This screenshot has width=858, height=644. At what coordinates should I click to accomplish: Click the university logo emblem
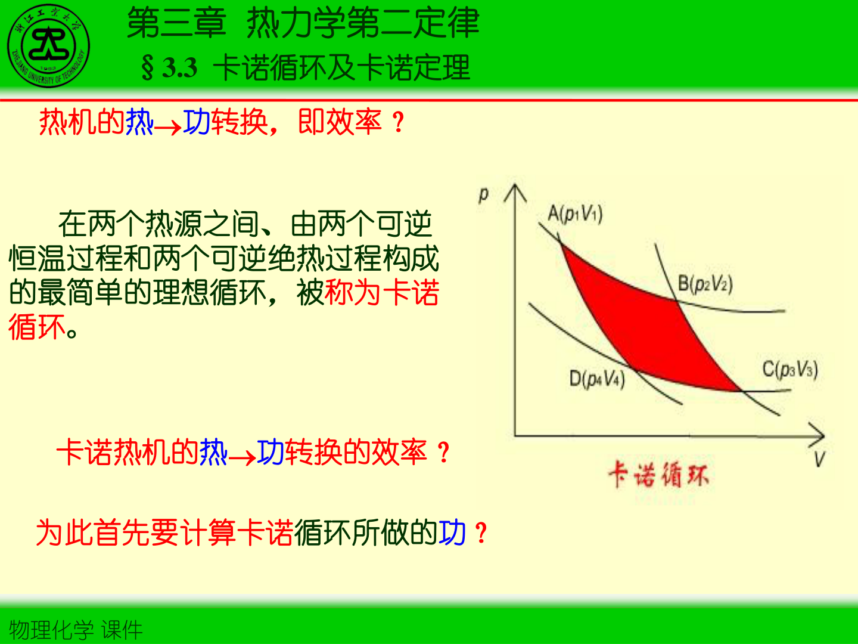coord(49,46)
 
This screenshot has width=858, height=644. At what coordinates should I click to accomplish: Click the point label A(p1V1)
coord(574,213)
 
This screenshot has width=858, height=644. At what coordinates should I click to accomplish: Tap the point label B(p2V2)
coord(705,283)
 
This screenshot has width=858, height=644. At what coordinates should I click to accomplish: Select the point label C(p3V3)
coord(790,369)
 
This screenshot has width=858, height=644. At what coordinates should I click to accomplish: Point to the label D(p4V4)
coord(596,379)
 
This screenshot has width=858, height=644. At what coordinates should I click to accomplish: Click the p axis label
coord(483,194)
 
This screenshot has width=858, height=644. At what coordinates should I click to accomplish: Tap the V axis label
coord(820,459)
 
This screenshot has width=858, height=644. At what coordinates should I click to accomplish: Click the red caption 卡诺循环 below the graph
coord(658,475)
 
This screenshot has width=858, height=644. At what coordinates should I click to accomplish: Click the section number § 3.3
coord(169,67)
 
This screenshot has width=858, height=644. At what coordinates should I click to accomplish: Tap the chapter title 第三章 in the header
coord(176,24)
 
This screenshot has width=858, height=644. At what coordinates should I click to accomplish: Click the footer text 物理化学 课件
coord(76,630)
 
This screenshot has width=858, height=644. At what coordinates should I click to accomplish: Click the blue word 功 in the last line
coord(452,532)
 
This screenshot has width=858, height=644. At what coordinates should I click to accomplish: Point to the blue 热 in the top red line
coord(139,122)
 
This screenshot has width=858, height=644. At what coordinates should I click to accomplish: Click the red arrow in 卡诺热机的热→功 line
coord(242,458)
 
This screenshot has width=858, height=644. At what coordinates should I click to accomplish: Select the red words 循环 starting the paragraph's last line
coord(37,327)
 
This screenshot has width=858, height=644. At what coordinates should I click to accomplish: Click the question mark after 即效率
coord(399,123)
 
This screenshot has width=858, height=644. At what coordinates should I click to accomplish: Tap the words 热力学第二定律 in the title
coord(362,24)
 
